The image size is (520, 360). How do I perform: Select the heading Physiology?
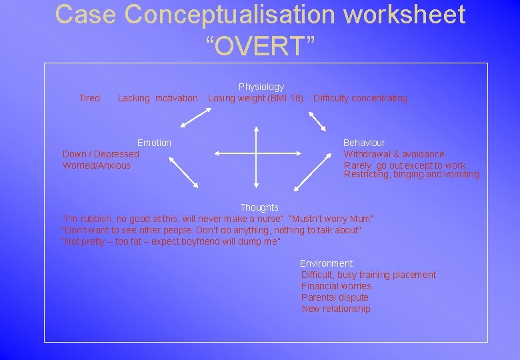(x=261, y=87)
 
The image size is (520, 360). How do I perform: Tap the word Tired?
(x=89, y=98)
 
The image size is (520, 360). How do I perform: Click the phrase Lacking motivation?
(x=157, y=98)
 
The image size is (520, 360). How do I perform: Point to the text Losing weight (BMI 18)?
(x=255, y=98)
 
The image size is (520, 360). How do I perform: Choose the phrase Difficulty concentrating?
(x=360, y=98)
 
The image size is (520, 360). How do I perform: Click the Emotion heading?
(x=154, y=143)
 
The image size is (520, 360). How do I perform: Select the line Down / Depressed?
(x=101, y=154)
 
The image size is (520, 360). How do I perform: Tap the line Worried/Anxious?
(x=97, y=165)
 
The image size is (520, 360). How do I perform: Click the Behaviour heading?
(x=364, y=143)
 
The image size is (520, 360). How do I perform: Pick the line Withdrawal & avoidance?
(x=393, y=154)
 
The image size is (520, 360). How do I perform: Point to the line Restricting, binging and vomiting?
(x=411, y=175)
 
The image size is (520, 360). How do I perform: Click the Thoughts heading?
(x=259, y=207)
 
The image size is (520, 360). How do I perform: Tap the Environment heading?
(x=326, y=263)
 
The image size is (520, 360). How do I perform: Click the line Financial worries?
(x=336, y=286)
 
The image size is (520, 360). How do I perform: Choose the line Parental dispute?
(x=335, y=297)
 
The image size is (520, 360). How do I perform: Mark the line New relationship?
(x=336, y=309)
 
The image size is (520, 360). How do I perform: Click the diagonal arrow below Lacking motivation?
(x=195, y=118)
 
